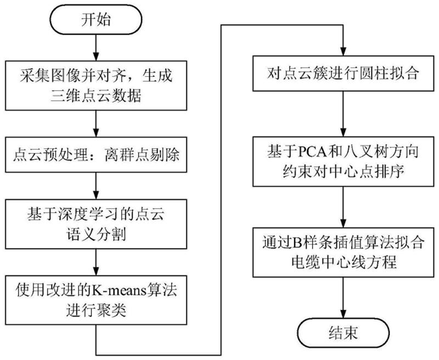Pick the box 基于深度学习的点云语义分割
click(97, 222)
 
